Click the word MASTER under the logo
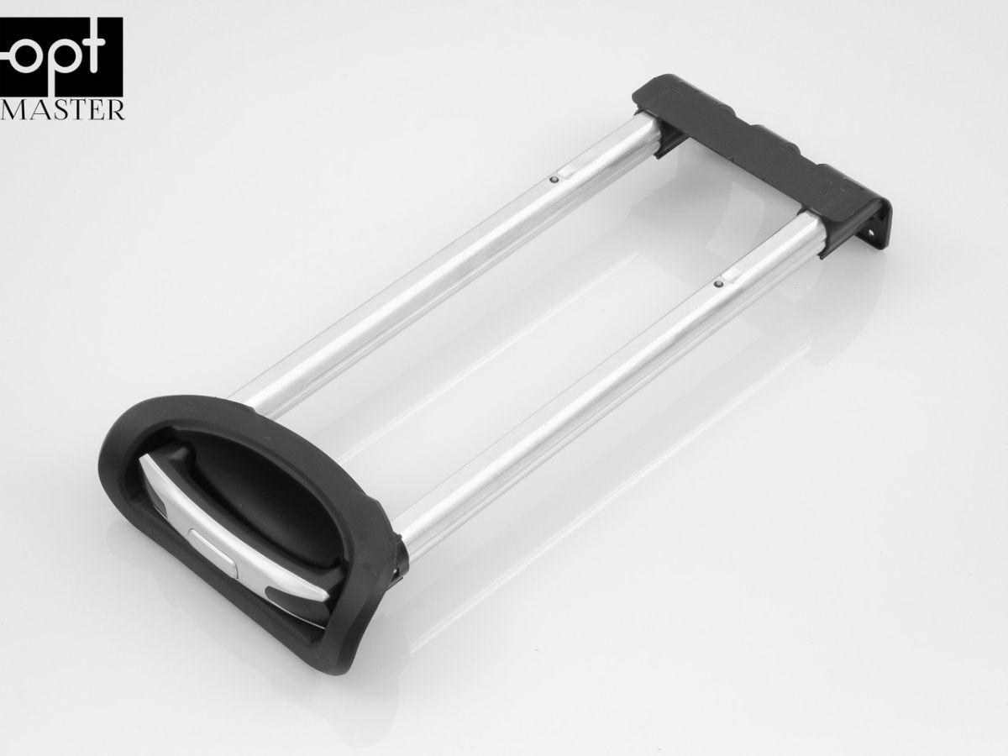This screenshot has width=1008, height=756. click(61, 111)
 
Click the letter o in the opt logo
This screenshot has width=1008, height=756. click(27, 54)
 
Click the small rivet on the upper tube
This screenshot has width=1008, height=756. click(554, 180)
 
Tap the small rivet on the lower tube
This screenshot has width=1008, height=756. click(719, 285)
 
